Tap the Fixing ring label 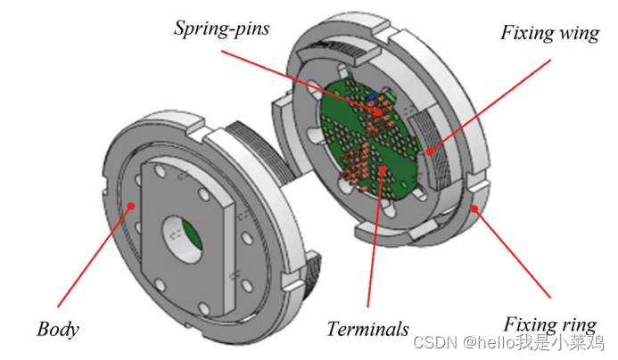546,323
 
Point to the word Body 58,329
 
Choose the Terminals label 367,328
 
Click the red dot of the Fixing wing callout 429,152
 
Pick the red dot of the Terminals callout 381,167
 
